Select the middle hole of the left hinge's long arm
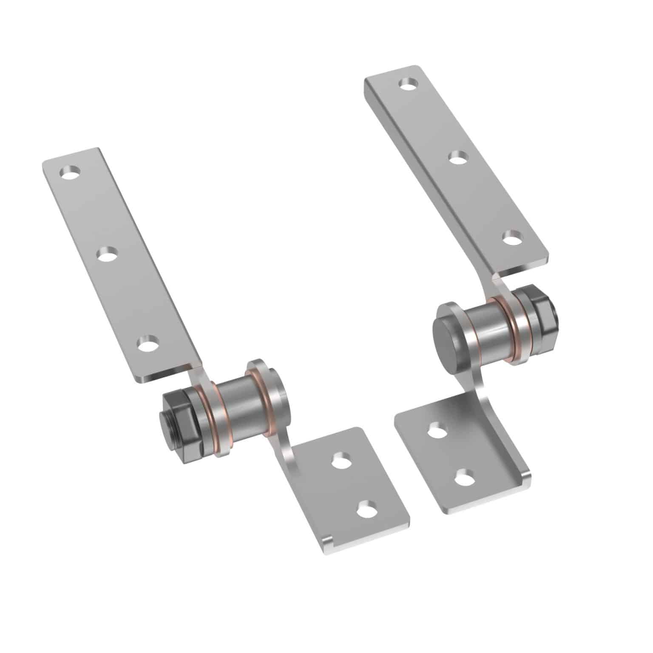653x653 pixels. [107, 255]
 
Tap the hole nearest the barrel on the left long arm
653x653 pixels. [147, 343]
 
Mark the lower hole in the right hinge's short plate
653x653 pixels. [465, 477]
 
